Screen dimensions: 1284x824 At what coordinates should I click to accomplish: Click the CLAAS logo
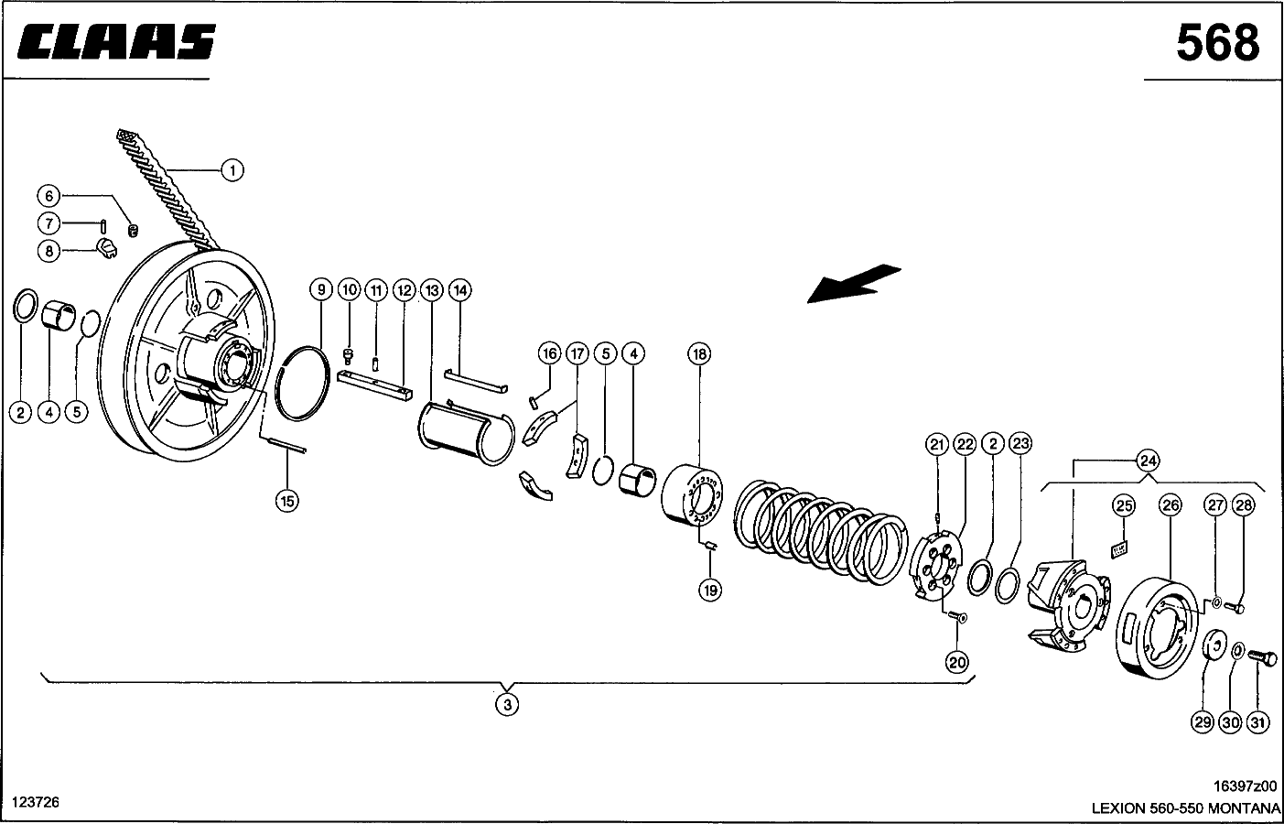click(x=116, y=42)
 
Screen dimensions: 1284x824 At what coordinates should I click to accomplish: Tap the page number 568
click(x=1218, y=43)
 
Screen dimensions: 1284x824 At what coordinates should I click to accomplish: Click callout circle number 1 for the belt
click(x=232, y=170)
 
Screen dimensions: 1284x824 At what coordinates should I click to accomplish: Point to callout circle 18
click(x=699, y=353)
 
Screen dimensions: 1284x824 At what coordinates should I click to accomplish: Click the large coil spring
click(x=821, y=533)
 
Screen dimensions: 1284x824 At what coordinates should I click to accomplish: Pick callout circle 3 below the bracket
click(x=507, y=704)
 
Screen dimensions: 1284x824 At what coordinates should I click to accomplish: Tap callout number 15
click(x=287, y=501)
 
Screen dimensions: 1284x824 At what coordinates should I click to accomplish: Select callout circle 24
click(x=1149, y=461)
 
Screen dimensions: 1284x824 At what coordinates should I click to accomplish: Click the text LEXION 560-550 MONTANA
click(x=1185, y=808)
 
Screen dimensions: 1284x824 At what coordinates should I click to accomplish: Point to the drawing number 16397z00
click(x=1245, y=786)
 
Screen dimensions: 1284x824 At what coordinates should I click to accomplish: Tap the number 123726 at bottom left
click(x=36, y=802)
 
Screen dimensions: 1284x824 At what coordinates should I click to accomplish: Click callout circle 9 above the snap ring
click(x=321, y=289)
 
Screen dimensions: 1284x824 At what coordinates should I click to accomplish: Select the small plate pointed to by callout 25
click(x=1119, y=550)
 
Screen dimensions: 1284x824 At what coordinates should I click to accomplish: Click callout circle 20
click(x=957, y=663)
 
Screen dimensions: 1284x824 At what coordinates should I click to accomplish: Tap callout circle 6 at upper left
click(x=49, y=196)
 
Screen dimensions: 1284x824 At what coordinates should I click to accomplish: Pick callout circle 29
click(x=1203, y=722)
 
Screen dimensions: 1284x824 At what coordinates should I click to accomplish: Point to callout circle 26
click(x=1170, y=505)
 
